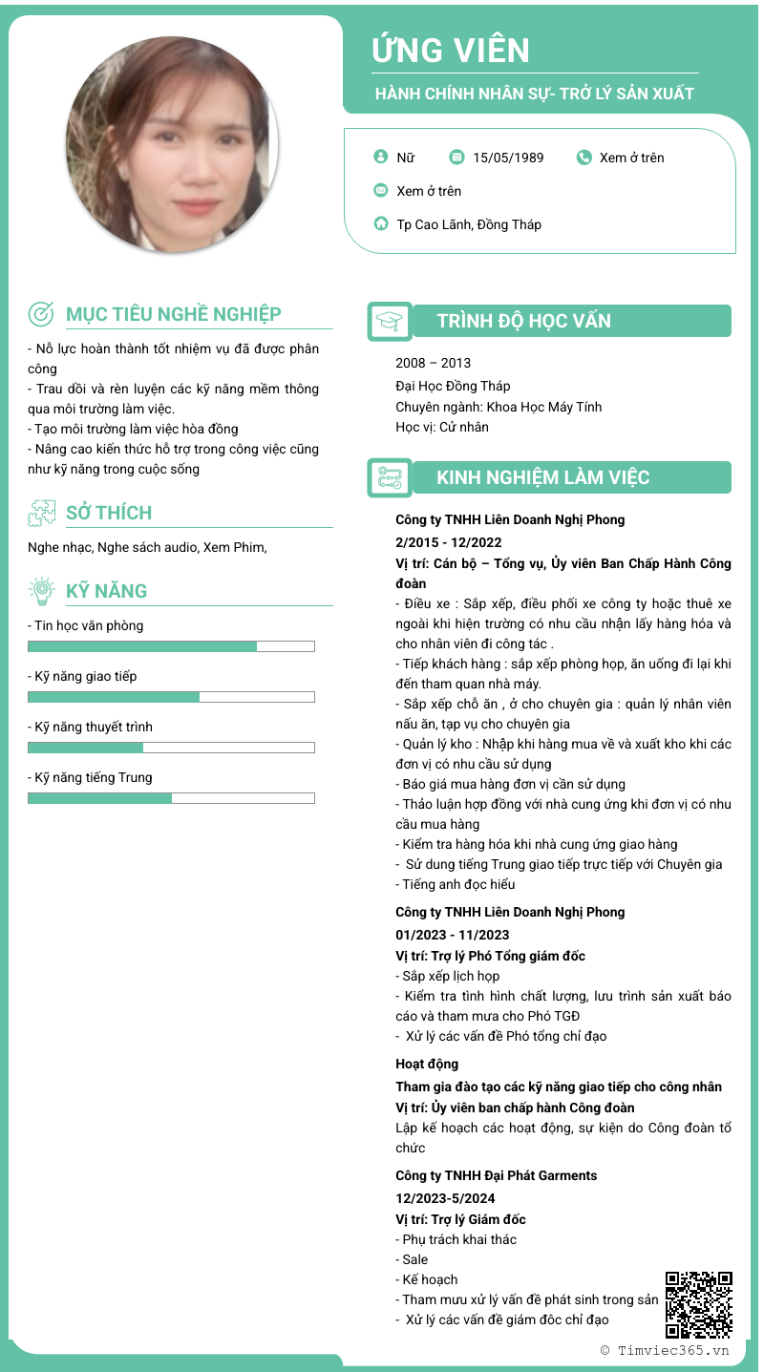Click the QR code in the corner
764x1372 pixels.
point(699,1303)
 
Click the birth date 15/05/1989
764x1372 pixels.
point(508,158)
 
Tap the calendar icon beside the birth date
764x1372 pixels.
point(456,158)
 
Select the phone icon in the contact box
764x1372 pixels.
point(584,158)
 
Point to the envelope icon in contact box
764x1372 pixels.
point(381,191)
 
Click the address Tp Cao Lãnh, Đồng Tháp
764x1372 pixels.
point(469,224)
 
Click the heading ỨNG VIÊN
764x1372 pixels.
point(451,50)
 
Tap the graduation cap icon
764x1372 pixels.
point(390,321)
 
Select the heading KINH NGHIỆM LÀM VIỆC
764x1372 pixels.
point(542,477)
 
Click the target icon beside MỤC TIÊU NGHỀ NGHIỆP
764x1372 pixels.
point(41,313)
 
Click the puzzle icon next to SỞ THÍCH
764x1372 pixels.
point(41,513)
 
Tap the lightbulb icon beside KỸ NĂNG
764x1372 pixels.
point(41,591)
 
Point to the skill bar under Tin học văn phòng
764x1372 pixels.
point(171,646)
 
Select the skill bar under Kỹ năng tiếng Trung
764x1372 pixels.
point(171,798)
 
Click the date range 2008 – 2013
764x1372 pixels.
point(433,363)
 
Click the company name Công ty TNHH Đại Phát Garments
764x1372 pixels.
point(496,1175)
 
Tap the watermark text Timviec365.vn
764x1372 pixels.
point(672,1350)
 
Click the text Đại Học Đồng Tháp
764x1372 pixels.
point(453,386)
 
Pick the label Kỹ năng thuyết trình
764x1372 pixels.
point(90,727)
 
